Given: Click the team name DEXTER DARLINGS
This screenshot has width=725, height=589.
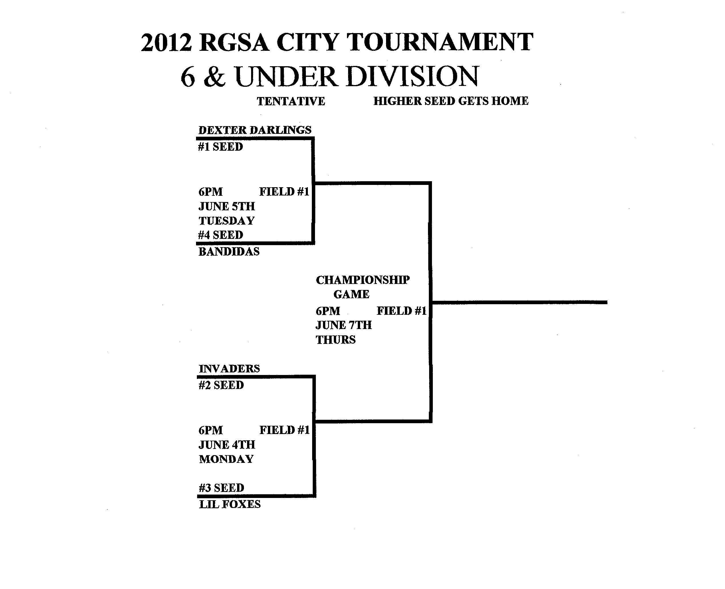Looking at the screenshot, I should point(255,130).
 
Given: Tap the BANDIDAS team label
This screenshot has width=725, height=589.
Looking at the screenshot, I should point(229,252).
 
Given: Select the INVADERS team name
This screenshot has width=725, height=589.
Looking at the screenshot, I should point(229,369).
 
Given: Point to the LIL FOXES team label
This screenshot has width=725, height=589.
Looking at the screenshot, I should point(230,505).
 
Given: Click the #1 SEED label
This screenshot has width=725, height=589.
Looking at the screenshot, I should point(221,147).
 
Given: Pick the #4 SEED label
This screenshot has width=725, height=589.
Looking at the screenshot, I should point(221,235).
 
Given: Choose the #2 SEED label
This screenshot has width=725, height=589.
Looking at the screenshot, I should point(221,386).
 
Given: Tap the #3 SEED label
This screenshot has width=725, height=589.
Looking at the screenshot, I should point(221,488).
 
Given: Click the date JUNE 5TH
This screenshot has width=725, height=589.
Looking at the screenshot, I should point(227,206).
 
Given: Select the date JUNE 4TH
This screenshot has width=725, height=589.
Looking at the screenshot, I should point(227,445).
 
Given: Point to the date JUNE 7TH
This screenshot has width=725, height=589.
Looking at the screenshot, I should point(344,325).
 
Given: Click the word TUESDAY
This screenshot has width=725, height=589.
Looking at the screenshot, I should point(227,221).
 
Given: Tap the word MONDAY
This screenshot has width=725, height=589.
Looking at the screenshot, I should point(226,459).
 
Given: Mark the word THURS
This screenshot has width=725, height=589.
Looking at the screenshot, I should point(336,340).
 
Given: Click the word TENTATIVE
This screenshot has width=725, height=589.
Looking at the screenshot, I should point(291,101).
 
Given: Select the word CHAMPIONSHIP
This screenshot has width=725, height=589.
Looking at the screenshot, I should point(363,280).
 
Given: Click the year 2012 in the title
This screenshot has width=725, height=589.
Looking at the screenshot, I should point(166,43).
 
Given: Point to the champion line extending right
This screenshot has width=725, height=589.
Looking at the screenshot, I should point(519,302).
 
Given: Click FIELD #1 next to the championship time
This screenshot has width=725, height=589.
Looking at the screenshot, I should point(401,311).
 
